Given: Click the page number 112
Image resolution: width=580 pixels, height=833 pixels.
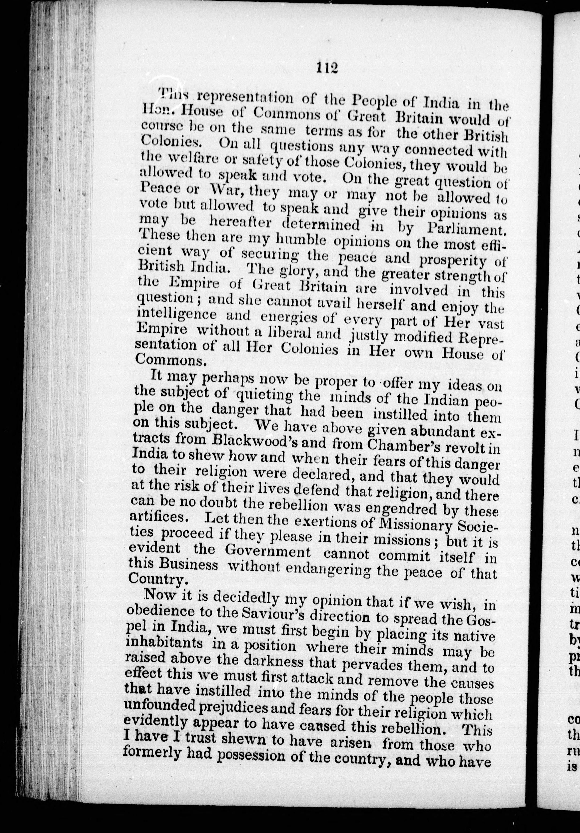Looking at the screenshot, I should click(327, 68).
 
